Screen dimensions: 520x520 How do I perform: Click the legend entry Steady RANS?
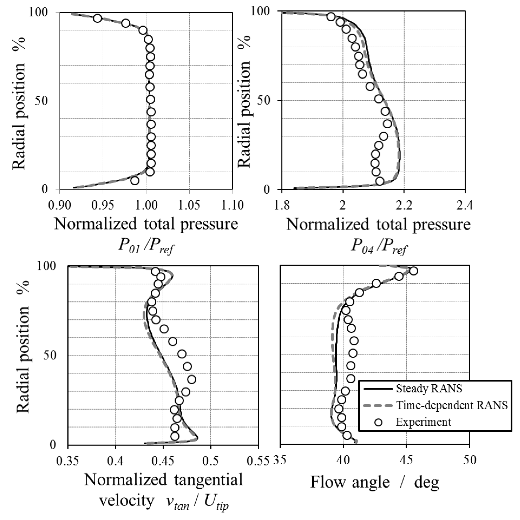coord(429,389)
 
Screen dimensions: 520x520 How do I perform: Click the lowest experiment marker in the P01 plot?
coord(135,180)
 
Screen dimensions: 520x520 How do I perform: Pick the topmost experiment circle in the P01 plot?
coord(98,18)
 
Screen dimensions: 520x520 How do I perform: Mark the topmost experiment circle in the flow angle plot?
coord(414,271)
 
